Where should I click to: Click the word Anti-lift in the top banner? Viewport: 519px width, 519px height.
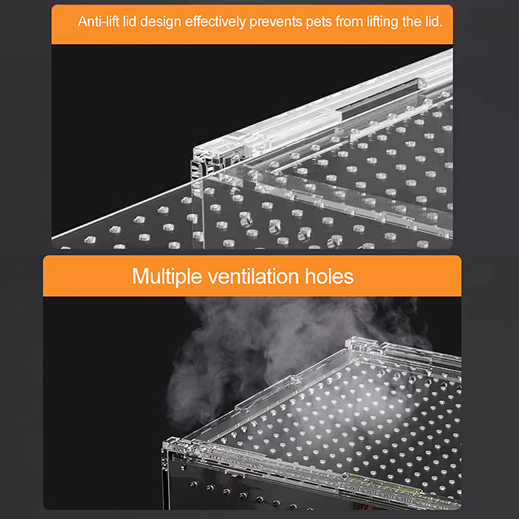(x=99, y=22)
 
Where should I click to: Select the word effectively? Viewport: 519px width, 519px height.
(x=215, y=22)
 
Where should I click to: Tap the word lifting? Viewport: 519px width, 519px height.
(x=382, y=23)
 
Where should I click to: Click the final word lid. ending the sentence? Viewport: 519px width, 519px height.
(x=433, y=22)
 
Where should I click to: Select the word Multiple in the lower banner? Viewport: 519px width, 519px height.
(x=167, y=276)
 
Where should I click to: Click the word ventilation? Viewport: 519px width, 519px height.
(x=253, y=276)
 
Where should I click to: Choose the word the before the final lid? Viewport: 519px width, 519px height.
(x=411, y=22)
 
